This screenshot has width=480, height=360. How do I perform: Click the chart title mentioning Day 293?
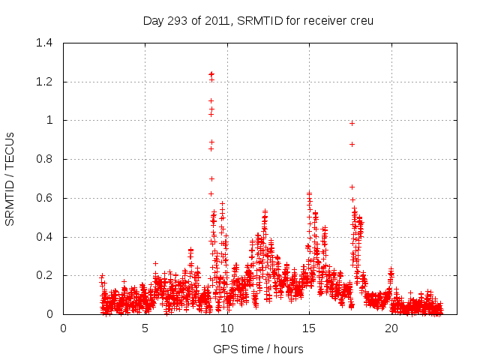tap(258, 20)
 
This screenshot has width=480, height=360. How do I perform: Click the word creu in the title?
tap(360, 20)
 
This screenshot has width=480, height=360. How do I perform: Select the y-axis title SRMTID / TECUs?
tap(10, 178)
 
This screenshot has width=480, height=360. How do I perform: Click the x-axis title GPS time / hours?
tap(258, 349)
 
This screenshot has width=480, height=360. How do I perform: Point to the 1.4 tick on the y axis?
tap(45, 43)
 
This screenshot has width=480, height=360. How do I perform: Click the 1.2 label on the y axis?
tap(45, 82)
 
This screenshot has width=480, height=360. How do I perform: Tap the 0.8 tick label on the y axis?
tap(45, 159)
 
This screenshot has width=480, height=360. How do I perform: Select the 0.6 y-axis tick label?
tap(45, 198)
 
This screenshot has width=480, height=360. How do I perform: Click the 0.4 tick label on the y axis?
tap(45, 237)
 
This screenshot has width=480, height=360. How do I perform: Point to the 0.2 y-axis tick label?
tap(45, 275)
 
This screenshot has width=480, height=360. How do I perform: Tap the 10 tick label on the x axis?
tap(227, 328)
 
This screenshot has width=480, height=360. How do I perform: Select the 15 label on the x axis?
tap(309, 328)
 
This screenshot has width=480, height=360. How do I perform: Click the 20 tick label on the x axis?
tap(391, 328)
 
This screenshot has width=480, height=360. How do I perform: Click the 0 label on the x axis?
tap(64, 328)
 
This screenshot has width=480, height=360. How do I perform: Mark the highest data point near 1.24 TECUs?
tap(211, 74)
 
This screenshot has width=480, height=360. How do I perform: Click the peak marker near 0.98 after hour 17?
tap(352, 123)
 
